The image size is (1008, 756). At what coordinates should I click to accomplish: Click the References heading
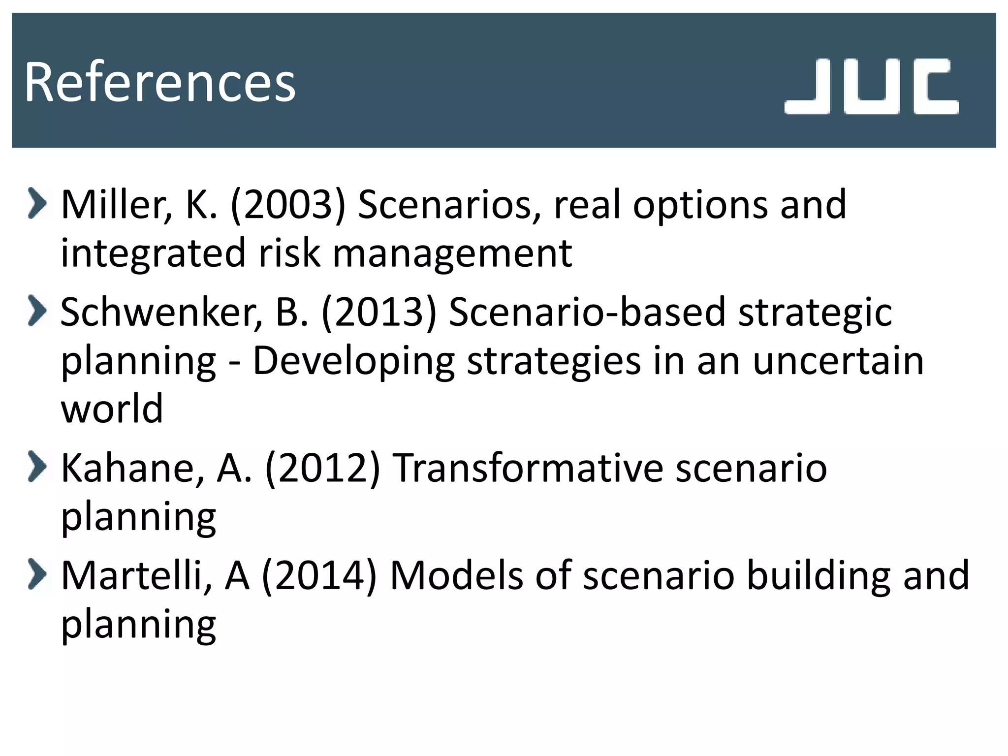click(159, 82)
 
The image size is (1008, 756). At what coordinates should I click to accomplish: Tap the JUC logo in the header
click(871, 87)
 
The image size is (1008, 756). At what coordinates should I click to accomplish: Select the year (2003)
click(288, 204)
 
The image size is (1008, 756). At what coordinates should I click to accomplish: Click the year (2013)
click(379, 312)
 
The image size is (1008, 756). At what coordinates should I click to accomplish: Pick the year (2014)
click(319, 575)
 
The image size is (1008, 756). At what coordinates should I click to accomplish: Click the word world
click(112, 409)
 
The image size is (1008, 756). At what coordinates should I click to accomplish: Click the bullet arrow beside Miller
click(37, 203)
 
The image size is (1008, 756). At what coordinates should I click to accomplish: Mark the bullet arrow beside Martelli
click(37, 574)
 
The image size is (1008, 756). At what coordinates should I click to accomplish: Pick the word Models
click(456, 575)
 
